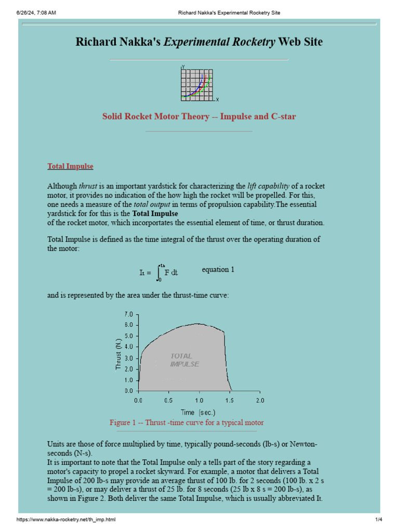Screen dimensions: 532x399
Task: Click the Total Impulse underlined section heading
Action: coord(70,166)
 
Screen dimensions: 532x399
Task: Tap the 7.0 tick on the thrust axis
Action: coord(128,314)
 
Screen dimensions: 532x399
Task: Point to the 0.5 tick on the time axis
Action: coord(169,401)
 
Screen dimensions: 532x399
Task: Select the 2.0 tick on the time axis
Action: coord(260,401)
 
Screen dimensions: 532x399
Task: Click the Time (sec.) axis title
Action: coord(198,412)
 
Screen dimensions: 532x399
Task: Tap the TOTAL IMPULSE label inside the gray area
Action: coord(184,360)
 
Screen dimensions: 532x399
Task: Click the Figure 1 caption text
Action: coord(187,422)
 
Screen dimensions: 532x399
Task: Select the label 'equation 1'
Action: coord(218,269)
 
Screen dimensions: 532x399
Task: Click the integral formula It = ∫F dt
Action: coord(159,272)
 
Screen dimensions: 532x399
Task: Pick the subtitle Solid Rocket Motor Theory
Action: coord(199,116)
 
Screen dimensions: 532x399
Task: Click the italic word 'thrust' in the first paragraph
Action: coord(88,186)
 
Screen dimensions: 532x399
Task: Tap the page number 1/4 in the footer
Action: coord(378,520)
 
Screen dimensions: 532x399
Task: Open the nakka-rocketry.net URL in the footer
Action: coord(66,520)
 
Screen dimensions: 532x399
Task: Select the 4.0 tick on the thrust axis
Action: coord(128,347)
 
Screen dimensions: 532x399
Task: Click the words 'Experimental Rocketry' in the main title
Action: coord(220,42)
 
